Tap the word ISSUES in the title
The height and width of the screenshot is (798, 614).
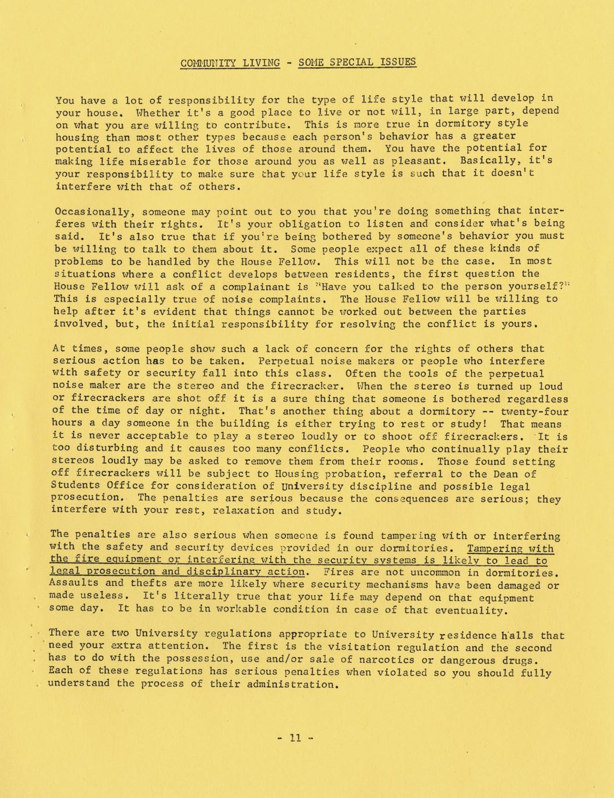(x=396, y=62)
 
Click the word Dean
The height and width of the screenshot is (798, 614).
(x=495, y=474)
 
